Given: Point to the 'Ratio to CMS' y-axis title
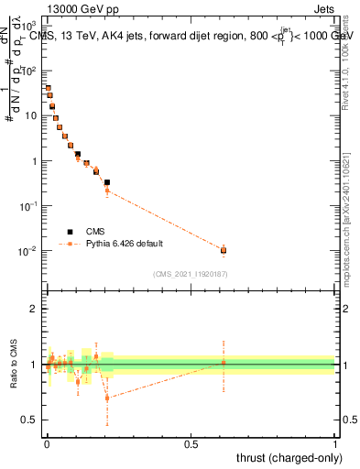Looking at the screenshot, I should (14, 365).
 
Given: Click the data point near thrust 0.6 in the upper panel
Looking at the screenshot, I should (224, 250).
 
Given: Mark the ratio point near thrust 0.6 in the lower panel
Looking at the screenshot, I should (224, 364).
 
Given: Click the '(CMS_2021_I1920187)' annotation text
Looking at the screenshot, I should (190, 274).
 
